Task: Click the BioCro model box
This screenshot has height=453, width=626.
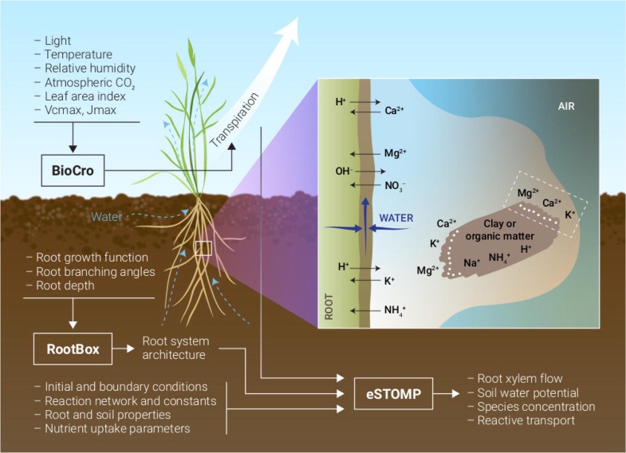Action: (x=73, y=169)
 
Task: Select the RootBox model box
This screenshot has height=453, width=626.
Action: (x=72, y=348)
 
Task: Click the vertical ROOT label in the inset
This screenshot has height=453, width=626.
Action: (x=329, y=304)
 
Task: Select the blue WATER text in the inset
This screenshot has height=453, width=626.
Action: (x=397, y=216)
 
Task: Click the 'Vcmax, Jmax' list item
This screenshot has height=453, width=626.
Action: (x=70, y=109)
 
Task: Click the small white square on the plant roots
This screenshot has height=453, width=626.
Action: (x=203, y=248)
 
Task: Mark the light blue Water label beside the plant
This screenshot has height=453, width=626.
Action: (x=107, y=215)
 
